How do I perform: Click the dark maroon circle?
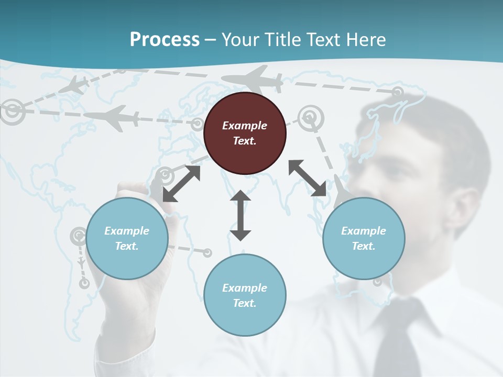click(245, 133)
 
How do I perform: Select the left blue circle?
click(127, 238)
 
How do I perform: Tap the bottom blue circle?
click(245, 295)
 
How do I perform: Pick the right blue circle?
click(364, 238)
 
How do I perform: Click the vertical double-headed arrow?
click(240, 216)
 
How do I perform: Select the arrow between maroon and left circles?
click(181, 184)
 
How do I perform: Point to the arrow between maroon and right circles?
click(307, 178)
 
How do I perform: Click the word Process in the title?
click(165, 39)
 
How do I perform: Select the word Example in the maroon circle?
click(245, 126)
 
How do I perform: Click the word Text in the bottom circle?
click(244, 303)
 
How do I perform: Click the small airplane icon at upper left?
click(74, 85)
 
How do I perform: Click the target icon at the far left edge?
click(11, 110)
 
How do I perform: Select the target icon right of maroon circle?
click(311, 117)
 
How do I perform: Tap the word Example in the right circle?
click(364, 231)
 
